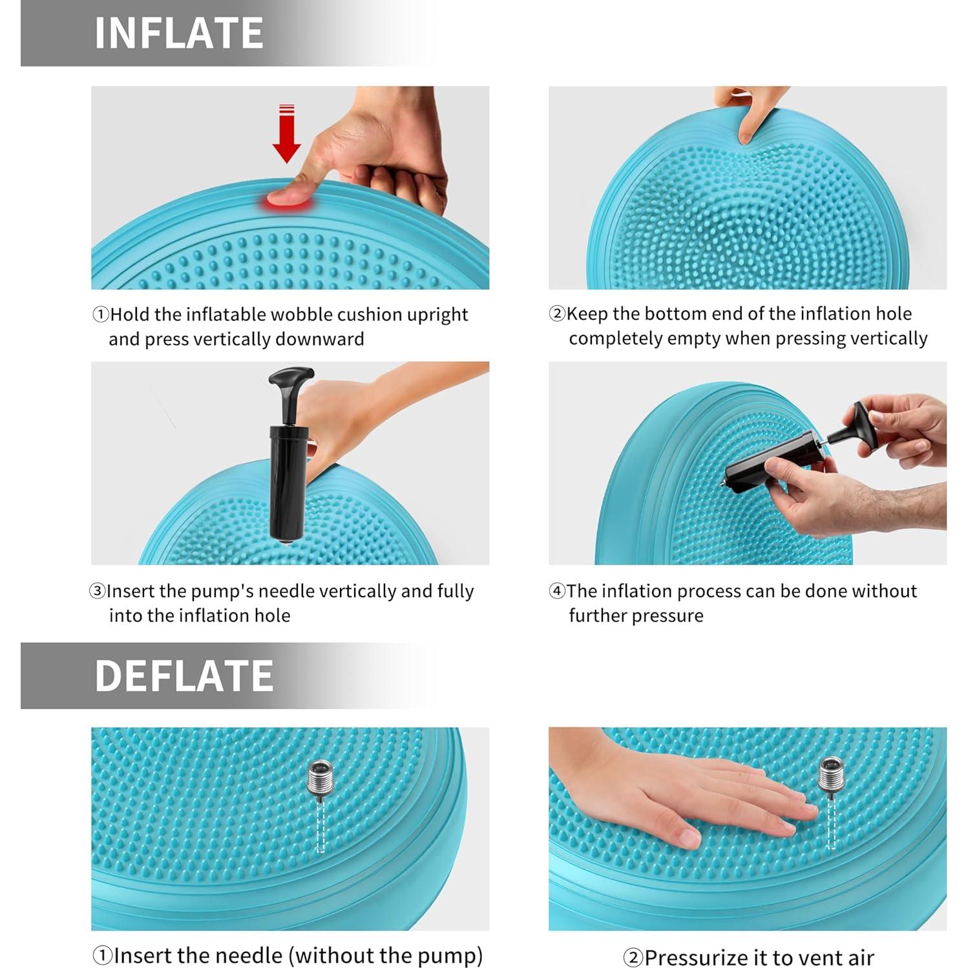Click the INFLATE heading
point(178,33)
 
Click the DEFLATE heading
point(184,675)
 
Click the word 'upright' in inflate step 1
point(437,315)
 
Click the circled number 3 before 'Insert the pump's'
point(97,591)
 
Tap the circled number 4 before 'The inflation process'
point(556,591)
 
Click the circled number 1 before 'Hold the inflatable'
point(100,315)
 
